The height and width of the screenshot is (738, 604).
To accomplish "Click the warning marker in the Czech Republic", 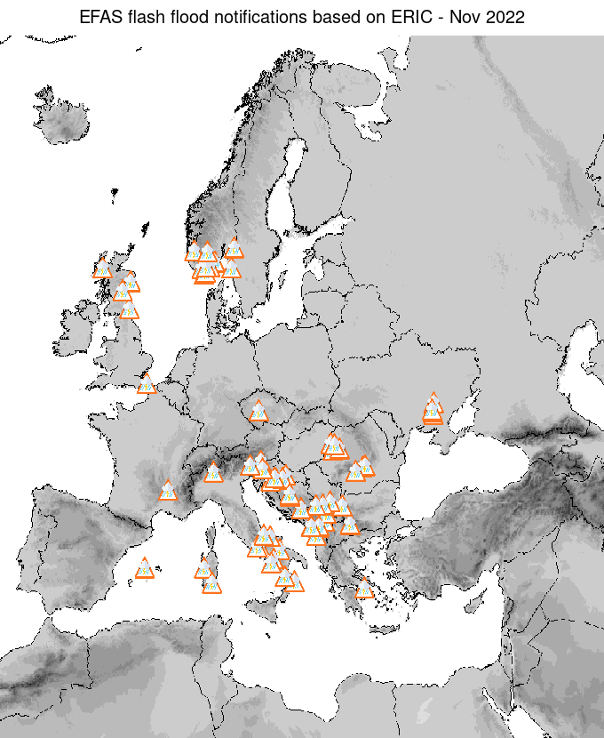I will (x=258, y=411).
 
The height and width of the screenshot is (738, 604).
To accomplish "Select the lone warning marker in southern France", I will (x=167, y=491).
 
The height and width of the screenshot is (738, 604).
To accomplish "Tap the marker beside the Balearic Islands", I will (x=144, y=568).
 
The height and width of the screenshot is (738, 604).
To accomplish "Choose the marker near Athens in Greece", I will (x=363, y=588).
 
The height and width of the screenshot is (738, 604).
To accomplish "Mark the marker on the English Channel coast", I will (x=146, y=385).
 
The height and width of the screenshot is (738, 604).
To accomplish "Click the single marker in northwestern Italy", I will (x=213, y=472).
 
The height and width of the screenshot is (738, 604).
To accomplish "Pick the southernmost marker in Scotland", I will (x=129, y=310).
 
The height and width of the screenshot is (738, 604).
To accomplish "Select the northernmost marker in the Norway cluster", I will (x=234, y=247).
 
